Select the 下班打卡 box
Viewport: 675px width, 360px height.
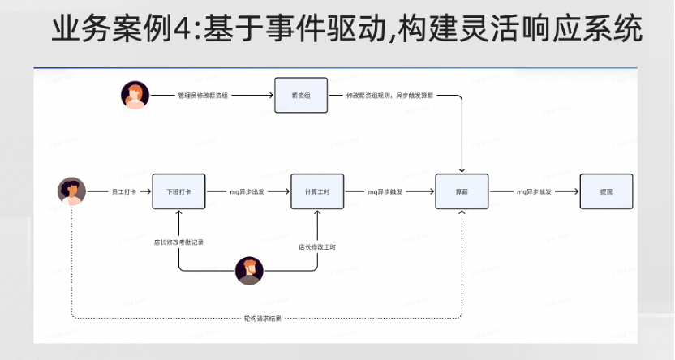pyautogui.click(x=178, y=191)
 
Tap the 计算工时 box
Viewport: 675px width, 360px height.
pyautogui.click(x=317, y=191)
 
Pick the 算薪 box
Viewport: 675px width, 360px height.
pyautogui.click(x=462, y=191)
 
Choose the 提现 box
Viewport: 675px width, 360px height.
pyautogui.click(x=605, y=191)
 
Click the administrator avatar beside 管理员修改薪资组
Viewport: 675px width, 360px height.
pyautogui.click(x=135, y=95)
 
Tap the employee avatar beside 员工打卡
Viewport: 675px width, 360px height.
pyautogui.click(x=71, y=191)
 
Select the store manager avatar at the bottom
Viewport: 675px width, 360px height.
pyautogui.click(x=249, y=270)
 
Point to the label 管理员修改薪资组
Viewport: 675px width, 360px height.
pyautogui.click(x=202, y=95)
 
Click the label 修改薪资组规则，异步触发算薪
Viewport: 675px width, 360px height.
pyautogui.click(x=389, y=95)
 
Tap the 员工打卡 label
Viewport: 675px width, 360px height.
pyautogui.click(x=124, y=191)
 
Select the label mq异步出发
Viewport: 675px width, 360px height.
pyautogui.click(x=247, y=191)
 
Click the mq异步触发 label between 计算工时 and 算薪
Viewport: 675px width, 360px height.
pyautogui.click(x=386, y=191)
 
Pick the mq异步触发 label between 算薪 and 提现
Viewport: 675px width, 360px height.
pyautogui.click(x=534, y=191)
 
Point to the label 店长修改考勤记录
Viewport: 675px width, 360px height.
pyautogui.click(x=178, y=242)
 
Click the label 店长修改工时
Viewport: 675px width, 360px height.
pyautogui.click(x=317, y=246)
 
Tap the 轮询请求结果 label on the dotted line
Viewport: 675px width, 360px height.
pyautogui.click(x=263, y=318)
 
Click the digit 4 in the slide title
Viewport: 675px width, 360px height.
pyautogui.click(x=173, y=29)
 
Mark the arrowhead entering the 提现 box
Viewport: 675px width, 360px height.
pyautogui.click(x=575, y=191)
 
